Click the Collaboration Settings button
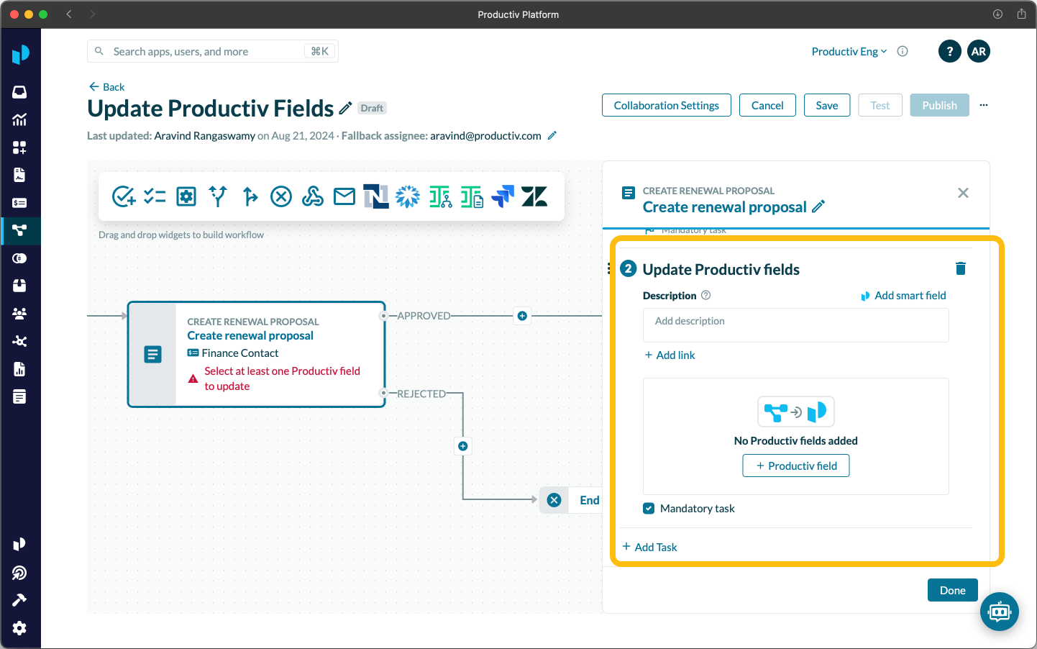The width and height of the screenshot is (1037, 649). point(666,105)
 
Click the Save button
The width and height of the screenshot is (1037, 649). point(826,105)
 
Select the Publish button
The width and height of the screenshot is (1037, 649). point(939,105)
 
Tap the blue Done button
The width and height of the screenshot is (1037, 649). point(952,590)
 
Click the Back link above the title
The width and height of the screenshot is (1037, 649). point(106,87)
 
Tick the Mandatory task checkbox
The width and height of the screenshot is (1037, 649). point(649,509)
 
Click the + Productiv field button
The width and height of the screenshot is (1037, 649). point(795,466)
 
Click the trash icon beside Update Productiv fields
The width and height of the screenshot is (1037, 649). point(960,268)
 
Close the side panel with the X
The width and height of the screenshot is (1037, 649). point(963,193)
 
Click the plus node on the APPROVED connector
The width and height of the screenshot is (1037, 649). point(522,316)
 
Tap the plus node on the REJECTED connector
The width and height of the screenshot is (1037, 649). point(462,446)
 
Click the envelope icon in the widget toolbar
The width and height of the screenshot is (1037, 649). point(344,196)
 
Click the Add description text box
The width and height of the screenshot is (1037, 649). point(795,325)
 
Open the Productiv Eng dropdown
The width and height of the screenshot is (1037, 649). point(849,52)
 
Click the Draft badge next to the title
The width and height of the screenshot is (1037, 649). point(372,108)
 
